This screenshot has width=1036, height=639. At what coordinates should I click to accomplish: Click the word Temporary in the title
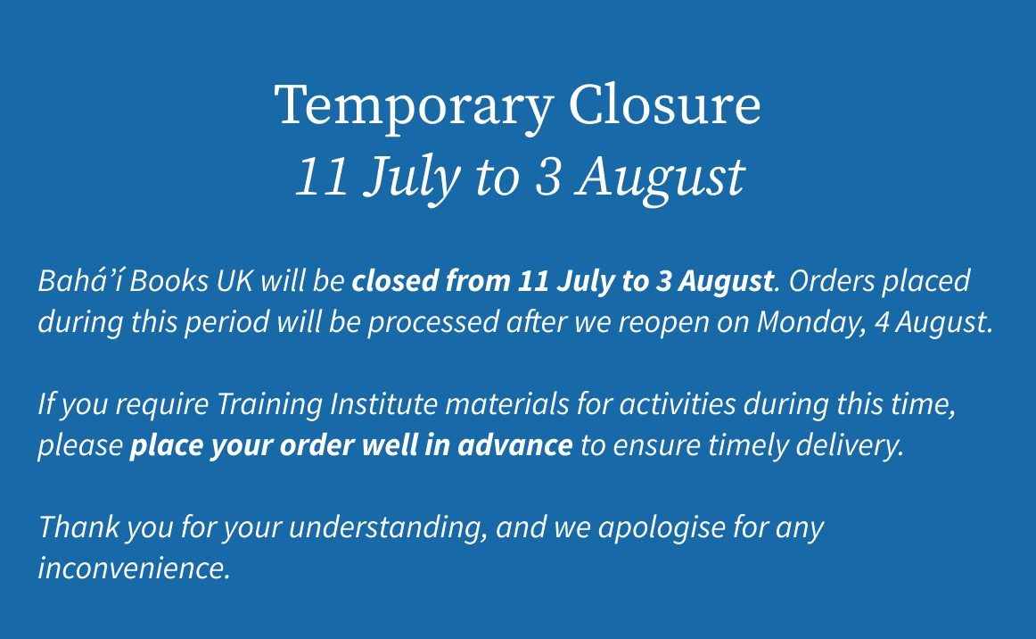pos(414,106)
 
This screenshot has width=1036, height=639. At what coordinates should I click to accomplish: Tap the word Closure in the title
pos(665,104)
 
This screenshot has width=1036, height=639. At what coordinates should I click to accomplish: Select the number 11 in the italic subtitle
pos(322,176)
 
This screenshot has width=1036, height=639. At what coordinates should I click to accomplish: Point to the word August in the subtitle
pos(660,178)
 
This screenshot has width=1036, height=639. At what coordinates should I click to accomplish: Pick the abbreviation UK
pos(234,281)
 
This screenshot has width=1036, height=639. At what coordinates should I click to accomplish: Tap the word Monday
pos(811,323)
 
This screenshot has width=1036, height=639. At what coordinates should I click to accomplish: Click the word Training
pos(269,404)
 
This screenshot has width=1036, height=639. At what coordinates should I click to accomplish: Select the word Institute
pos(383,403)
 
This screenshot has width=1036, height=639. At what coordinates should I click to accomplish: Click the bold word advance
pos(514,445)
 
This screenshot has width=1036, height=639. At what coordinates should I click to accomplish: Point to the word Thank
pos(79,527)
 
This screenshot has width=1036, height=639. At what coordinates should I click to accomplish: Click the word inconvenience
pos(134,568)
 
